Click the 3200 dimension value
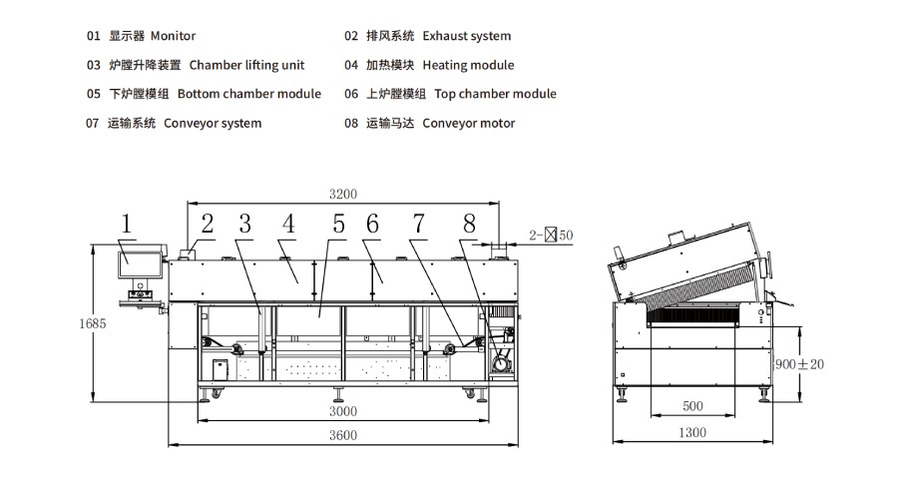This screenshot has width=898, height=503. pos(342,194)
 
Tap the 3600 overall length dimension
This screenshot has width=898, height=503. pos(342,435)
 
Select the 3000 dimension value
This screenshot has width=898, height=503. pos(342,411)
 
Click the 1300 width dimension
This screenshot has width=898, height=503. pos(690,432)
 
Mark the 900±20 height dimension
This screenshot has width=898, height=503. pos(800,364)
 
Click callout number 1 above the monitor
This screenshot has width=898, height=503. pos(127,226)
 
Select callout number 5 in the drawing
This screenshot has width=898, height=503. pos(338,226)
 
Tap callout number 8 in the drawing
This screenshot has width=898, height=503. pos(469,226)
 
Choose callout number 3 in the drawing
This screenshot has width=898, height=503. pos(244,226)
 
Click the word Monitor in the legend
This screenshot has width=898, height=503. pos(173,36)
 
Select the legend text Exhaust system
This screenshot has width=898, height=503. pos(466,36)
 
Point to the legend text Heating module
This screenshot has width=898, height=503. pos(468,65)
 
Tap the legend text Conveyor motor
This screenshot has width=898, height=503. pos(468,123)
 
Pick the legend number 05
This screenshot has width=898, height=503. pos(94,94)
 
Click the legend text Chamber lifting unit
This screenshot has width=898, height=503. pos(246,65)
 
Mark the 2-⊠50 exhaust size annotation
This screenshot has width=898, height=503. pos(551,236)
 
